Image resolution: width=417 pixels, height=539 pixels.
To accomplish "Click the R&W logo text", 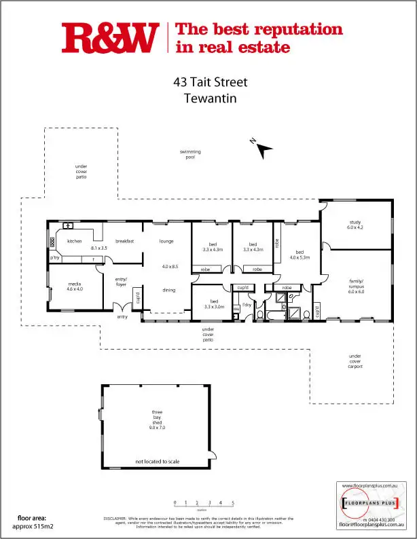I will coord(110,38).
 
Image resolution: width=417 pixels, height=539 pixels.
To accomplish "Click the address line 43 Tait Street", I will coord(210,83).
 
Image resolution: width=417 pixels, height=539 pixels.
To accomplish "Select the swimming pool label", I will coord(190,154).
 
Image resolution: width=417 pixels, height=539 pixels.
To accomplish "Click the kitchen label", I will coord(74,241).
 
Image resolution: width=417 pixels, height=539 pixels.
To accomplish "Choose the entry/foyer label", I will coord(122,282).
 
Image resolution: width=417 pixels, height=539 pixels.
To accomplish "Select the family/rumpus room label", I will coord(356,287).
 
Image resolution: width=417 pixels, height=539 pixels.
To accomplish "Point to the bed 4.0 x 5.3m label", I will coord(300,255).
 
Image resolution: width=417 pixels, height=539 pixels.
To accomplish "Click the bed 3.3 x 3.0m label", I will coord(213,304).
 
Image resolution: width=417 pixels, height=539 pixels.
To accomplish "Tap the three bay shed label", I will coord(157,420).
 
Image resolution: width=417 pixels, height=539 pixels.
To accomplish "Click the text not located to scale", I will coord(157,462).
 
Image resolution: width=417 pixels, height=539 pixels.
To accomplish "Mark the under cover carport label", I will coord(355,361).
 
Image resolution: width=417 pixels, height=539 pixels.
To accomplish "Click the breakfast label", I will coord(124,241).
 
